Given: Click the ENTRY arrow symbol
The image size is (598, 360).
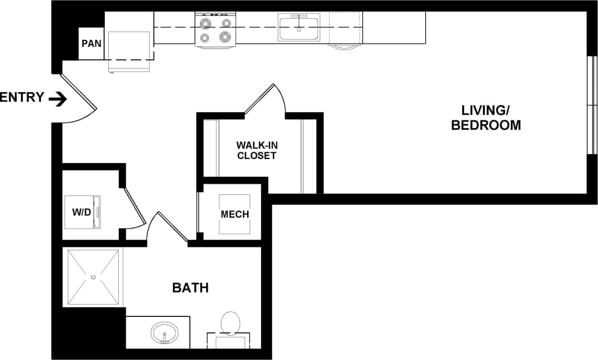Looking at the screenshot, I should pyautogui.click(x=57, y=99).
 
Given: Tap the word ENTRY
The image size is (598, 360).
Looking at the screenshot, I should pyautogui.click(x=22, y=98).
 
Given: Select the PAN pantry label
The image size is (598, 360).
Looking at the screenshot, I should pyautogui.click(x=92, y=43).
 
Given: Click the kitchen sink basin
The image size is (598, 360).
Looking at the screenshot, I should pyautogui.click(x=299, y=29).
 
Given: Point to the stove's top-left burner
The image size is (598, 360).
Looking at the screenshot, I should pyautogui.click(x=206, y=24).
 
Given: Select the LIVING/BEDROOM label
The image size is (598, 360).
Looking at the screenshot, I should pyautogui.click(x=485, y=118).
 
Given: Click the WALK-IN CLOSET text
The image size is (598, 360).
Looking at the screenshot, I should pyautogui.click(x=256, y=150).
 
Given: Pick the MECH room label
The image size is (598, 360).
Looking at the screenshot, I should pyautogui.click(x=235, y=214).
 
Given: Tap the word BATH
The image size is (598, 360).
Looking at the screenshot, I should pyautogui.click(x=190, y=288).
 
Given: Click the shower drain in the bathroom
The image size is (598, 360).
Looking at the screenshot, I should pyautogui.click(x=93, y=277).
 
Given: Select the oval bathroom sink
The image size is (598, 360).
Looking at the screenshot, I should pyautogui.click(x=164, y=333).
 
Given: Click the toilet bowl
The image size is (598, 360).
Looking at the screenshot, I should pyautogui.click(x=230, y=322).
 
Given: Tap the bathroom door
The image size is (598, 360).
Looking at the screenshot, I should pyautogui.click(x=172, y=226).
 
